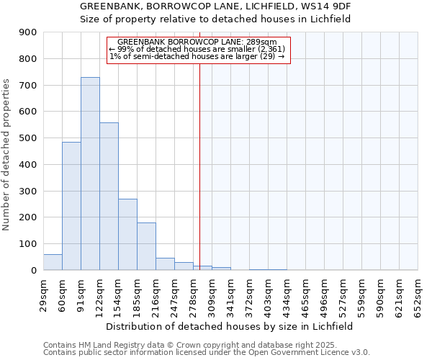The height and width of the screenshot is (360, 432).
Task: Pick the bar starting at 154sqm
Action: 127,235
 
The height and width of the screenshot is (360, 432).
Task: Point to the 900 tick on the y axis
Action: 28,32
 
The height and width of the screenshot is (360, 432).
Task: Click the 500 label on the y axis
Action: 28,138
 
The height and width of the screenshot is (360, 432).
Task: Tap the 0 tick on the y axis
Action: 33,271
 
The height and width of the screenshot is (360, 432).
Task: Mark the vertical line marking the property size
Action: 199,158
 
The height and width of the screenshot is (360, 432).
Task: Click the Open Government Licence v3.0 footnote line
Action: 207,353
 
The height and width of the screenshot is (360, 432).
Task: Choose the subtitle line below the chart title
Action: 215,19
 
